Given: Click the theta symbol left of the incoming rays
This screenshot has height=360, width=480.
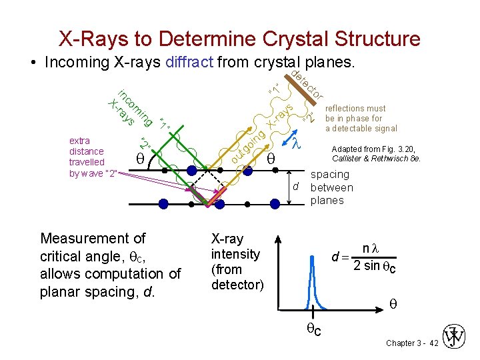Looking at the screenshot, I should click(140, 159).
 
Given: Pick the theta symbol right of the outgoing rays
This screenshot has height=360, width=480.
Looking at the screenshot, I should click(271, 160).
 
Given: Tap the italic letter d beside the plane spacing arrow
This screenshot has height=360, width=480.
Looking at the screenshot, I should click(295, 187).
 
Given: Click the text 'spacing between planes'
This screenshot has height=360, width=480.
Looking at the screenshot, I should click(331, 187).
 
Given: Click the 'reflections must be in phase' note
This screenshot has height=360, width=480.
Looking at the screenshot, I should click(361, 118).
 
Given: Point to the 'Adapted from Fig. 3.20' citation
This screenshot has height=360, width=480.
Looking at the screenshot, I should click(375, 155).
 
